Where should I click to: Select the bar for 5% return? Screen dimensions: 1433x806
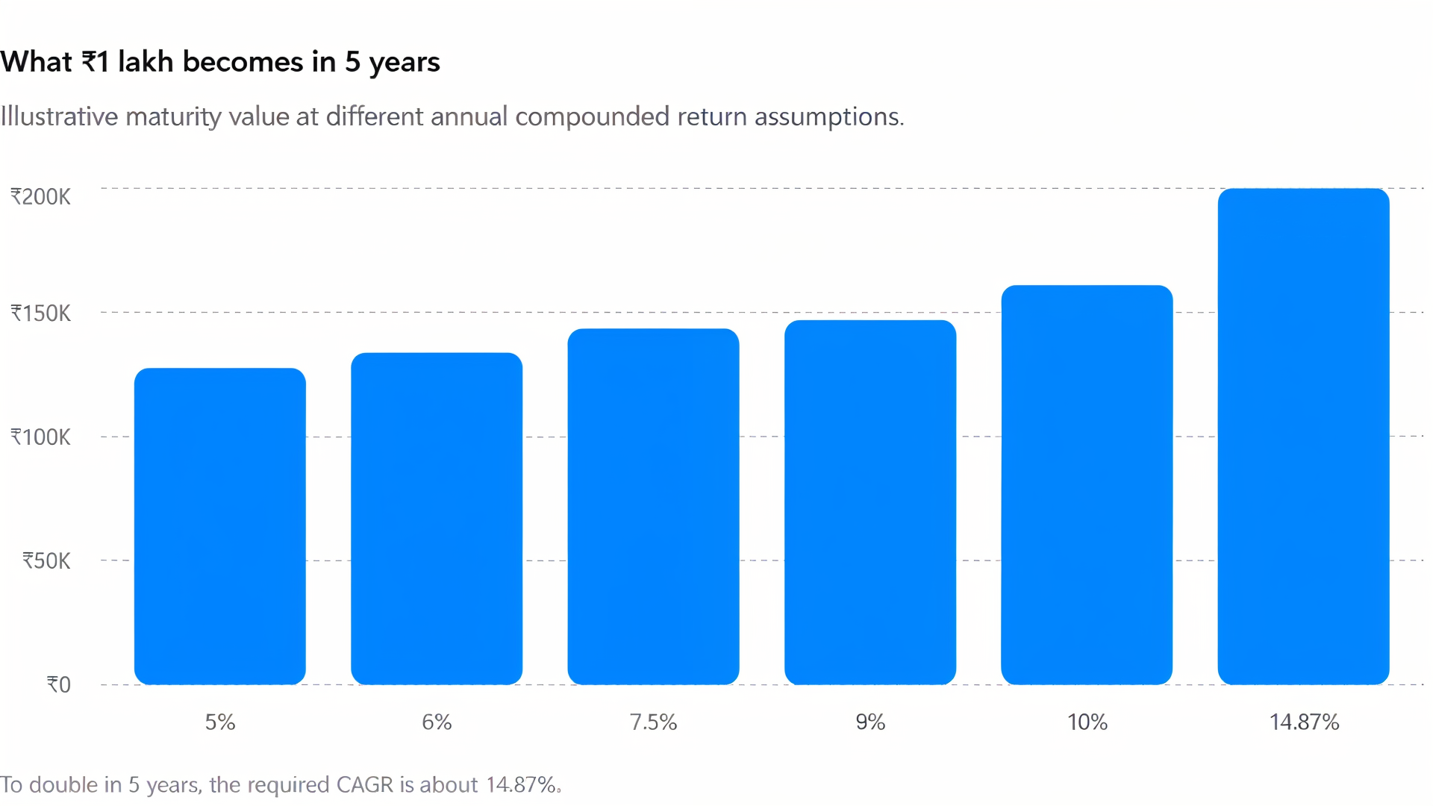220,526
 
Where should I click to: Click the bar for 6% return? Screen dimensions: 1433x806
437,519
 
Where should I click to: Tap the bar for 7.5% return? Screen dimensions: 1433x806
653,507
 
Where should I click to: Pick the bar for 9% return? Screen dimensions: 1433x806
870,502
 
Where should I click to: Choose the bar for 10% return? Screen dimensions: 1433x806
1087,485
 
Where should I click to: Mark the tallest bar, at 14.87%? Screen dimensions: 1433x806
1303,437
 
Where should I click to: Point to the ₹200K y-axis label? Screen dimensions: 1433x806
40,197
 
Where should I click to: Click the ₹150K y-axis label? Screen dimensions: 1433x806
40,313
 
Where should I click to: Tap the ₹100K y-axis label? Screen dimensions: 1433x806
40,437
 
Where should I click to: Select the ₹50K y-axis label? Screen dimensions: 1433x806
46,561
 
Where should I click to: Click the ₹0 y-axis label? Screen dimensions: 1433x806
59,685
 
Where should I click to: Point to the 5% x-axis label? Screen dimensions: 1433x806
220,722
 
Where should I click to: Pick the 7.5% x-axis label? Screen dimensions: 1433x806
653,722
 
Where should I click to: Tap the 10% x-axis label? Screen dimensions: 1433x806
1087,722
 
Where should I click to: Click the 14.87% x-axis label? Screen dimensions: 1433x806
1304,722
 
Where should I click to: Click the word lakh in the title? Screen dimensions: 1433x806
146,62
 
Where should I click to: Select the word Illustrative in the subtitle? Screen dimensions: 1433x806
59,116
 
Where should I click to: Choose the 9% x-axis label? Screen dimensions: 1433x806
870,722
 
